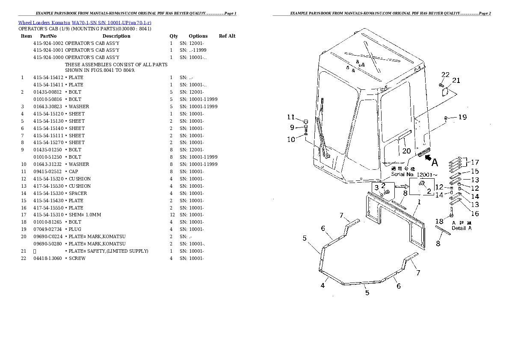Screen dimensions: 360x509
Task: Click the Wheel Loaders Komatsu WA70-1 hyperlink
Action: [x=84, y=22]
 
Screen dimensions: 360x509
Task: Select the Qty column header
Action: [x=174, y=36]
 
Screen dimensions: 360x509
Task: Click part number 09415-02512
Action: [x=47, y=171]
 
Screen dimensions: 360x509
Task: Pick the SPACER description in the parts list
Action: [x=78, y=193]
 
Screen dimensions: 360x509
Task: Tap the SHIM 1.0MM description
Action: [x=85, y=215]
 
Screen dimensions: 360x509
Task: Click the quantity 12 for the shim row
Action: [x=172, y=215]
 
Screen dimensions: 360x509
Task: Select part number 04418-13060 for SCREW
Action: [x=47, y=258]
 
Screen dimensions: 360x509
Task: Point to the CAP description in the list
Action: [x=74, y=171]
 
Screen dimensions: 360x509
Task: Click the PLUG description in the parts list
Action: [x=75, y=229]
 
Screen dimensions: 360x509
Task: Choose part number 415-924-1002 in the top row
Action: [x=48, y=43]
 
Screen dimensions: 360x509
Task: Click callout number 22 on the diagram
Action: [x=445, y=75]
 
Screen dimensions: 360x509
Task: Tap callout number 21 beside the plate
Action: [x=456, y=80]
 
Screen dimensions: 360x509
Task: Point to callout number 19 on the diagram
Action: [x=462, y=117]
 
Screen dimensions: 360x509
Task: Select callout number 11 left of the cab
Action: [x=291, y=117]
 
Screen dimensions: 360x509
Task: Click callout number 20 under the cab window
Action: [x=406, y=150]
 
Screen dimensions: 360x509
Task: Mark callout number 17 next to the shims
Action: [x=475, y=162]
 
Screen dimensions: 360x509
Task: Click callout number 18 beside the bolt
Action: [x=439, y=221]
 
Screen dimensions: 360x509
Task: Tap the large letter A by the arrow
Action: [x=435, y=162]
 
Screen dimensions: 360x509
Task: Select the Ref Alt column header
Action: [x=227, y=36]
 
